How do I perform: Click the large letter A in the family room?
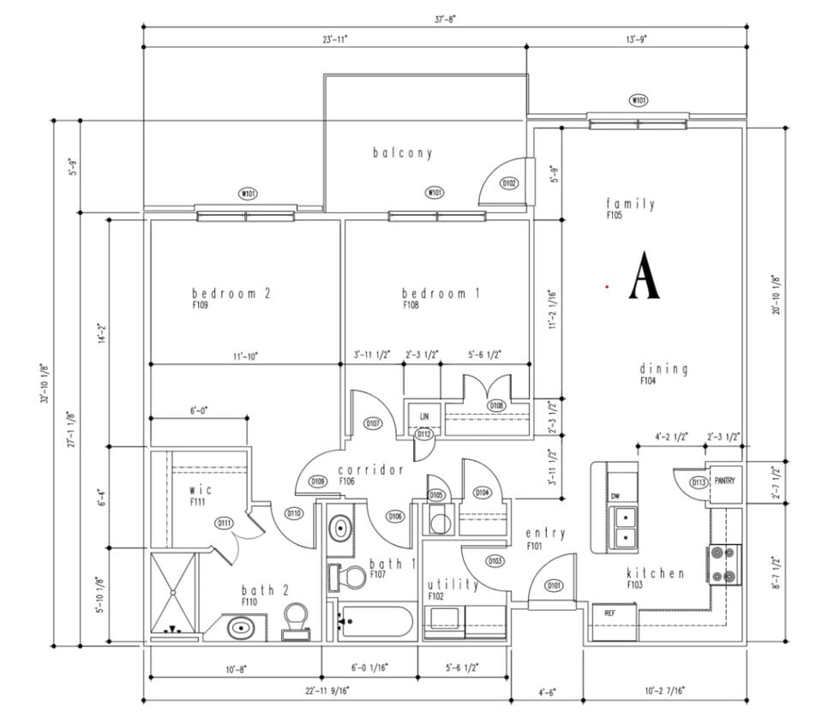pyautogui.click(x=645, y=276)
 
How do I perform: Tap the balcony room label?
pyautogui.click(x=402, y=153)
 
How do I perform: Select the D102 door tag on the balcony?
pyautogui.click(x=509, y=182)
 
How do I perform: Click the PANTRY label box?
pyautogui.click(x=723, y=481)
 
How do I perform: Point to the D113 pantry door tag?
pyautogui.click(x=699, y=482)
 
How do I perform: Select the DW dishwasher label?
pyautogui.click(x=615, y=497)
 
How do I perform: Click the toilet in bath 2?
pyautogui.click(x=297, y=618)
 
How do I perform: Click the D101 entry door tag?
pyautogui.click(x=555, y=586)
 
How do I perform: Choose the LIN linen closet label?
pyautogui.click(x=423, y=416)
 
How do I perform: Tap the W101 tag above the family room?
pyautogui.click(x=639, y=100)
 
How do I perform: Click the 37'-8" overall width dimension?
pyautogui.click(x=444, y=17)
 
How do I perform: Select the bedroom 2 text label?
pyautogui.click(x=231, y=293)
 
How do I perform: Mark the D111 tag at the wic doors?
pyautogui.click(x=225, y=523)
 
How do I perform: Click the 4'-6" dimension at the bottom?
pyautogui.click(x=547, y=690)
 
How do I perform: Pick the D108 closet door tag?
pyautogui.click(x=495, y=405)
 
